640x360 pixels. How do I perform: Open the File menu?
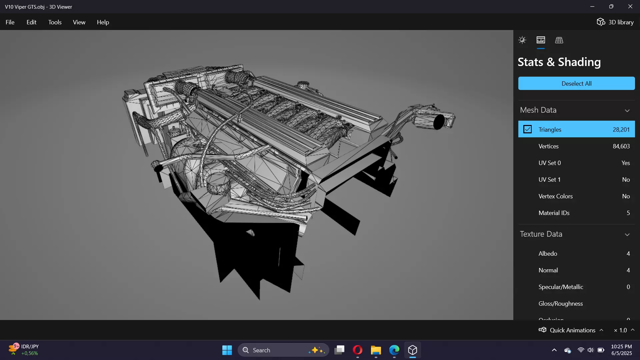[10, 22]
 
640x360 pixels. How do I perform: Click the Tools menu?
[55, 22]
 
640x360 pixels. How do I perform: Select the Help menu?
[103, 22]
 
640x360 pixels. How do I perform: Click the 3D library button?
[615, 22]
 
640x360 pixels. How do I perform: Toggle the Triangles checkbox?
[527, 129]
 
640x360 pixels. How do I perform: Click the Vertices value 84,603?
[621, 146]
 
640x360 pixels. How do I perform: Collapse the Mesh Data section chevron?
[627, 110]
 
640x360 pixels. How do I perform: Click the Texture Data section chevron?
[627, 234]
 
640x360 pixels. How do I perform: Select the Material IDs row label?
[554, 213]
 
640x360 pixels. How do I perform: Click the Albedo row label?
[548, 254]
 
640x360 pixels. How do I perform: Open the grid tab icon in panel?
[559, 40]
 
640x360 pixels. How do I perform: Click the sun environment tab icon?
[522, 40]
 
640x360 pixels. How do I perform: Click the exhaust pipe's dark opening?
[439, 122]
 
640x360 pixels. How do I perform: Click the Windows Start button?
[227, 350]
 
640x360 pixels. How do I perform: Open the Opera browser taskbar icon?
[357, 350]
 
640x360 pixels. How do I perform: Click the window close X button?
[630, 7]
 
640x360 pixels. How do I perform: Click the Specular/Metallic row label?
[561, 287]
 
